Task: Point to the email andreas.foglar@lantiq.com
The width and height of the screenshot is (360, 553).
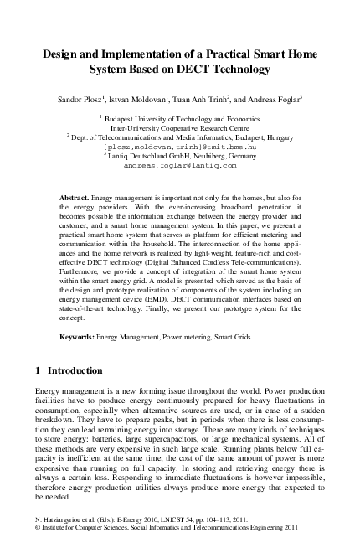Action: (x=180, y=166)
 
